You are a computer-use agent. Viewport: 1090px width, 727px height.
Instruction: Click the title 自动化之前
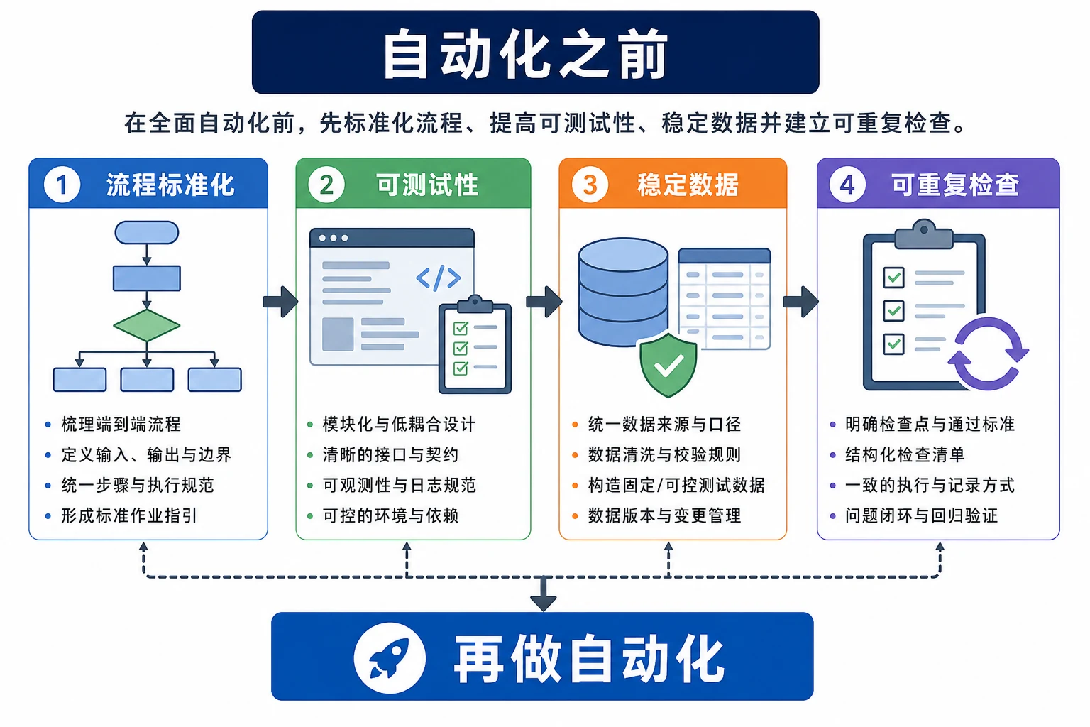point(525,53)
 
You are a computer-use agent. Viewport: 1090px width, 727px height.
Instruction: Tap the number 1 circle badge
point(62,185)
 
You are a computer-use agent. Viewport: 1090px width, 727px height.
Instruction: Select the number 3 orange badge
point(590,185)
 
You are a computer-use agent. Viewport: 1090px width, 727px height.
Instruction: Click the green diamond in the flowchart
point(146,325)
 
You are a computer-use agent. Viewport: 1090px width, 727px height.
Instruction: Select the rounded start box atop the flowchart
point(146,232)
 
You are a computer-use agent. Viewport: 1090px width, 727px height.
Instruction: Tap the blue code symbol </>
point(439,278)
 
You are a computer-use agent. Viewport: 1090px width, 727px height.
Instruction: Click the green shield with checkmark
point(668,365)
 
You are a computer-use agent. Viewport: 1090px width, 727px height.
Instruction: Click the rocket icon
point(390,657)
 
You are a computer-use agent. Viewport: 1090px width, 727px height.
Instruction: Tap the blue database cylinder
point(623,293)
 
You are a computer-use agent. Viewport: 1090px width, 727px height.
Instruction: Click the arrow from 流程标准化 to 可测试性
point(281,302)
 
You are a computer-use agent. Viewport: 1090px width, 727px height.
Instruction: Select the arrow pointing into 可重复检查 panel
point(801,302)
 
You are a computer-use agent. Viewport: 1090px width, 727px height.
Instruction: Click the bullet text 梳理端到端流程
point(121,424)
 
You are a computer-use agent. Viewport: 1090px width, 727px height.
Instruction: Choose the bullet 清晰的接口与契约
point(390,455)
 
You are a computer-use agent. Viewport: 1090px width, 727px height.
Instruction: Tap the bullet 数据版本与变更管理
point(664,515)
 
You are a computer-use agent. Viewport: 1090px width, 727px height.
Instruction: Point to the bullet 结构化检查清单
point(905,455)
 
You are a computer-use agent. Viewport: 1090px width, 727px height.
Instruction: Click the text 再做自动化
point(590,658)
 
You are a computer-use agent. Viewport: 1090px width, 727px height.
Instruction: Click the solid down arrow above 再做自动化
point(543,594)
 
